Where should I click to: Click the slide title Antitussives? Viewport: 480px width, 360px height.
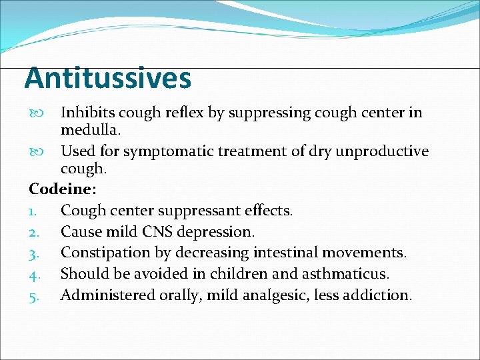(108, 79)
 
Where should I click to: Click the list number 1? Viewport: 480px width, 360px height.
(33, 211)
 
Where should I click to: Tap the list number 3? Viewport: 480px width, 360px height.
(33, 253)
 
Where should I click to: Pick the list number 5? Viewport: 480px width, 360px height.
(33, 295)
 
